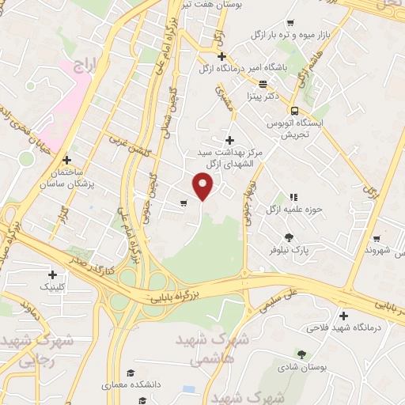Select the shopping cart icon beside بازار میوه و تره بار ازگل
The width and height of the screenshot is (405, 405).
tap(293, 22)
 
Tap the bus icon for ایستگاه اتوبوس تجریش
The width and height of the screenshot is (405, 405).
tap(294, 112)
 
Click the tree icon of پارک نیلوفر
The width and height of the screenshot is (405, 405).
tap(289, 237)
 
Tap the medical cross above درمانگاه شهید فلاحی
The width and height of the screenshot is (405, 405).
tap(343, 314)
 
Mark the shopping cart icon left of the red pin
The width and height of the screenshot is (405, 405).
tap(184, 203)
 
